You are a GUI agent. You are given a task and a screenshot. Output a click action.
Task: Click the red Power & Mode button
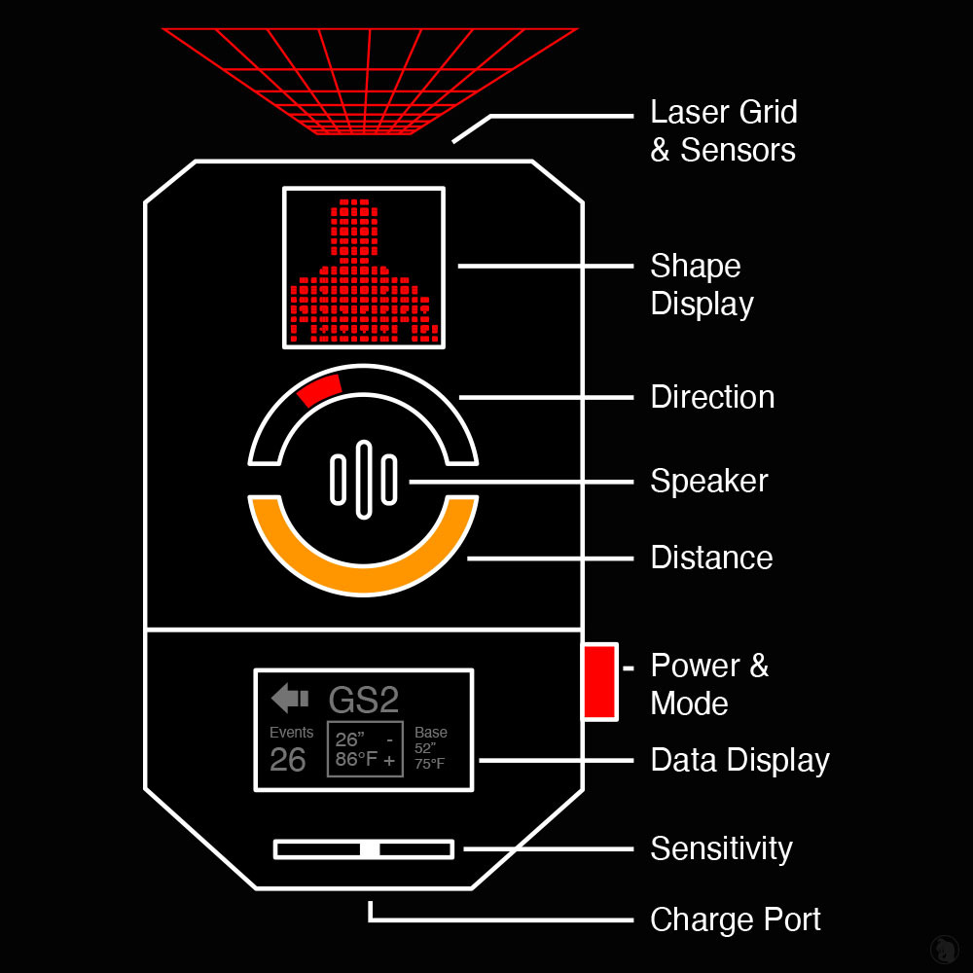coord(599,681)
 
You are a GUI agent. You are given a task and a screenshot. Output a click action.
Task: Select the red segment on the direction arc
coord(320,389)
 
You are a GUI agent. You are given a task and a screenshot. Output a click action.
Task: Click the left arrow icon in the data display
coord(290,698)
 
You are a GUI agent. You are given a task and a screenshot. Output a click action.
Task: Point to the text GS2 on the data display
coord(364,701)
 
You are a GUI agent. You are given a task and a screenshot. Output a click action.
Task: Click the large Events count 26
coord(288,760)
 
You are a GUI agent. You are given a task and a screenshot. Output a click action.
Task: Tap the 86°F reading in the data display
coord(355,760)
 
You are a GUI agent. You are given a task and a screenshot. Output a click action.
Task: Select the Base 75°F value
coord(429,764)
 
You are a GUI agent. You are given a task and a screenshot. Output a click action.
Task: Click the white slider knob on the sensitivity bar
coord(370,849)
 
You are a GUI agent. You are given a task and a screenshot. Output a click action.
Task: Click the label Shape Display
coord(702,284)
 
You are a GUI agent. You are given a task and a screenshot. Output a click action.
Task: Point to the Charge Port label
coord(736,919)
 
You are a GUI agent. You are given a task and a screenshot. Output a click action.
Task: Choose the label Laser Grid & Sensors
coord(723,130)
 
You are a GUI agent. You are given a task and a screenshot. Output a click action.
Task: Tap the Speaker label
coord(709,481)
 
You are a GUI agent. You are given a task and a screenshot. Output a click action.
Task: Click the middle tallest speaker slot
coord(364,479)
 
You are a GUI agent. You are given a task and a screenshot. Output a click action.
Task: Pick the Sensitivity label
coord(721,848)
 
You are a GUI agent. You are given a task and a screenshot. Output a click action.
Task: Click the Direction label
coord(712,397)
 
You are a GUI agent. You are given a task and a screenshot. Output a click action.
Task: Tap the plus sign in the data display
coord(389,761)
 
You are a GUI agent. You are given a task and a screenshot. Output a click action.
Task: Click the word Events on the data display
coord(291,733)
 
